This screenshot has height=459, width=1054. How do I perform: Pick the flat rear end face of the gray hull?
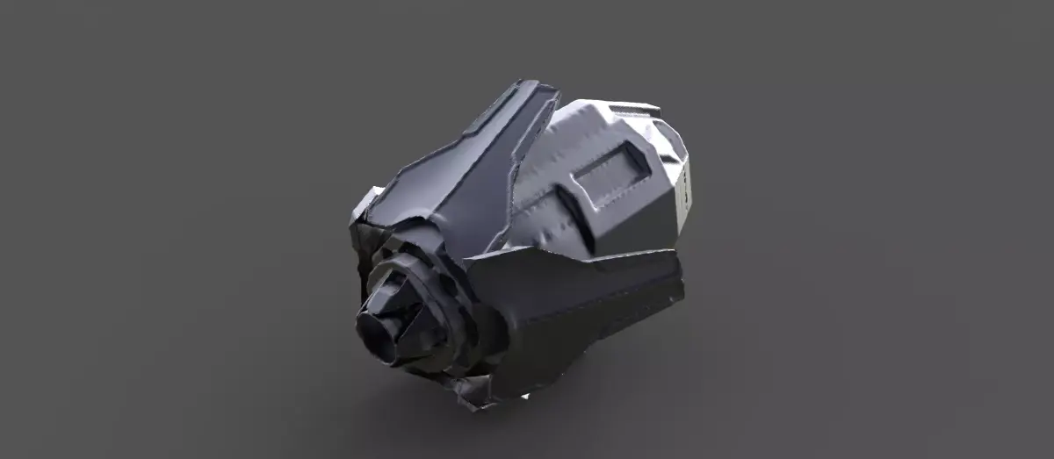point(683,189)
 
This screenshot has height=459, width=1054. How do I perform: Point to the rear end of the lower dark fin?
point(676,281)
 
